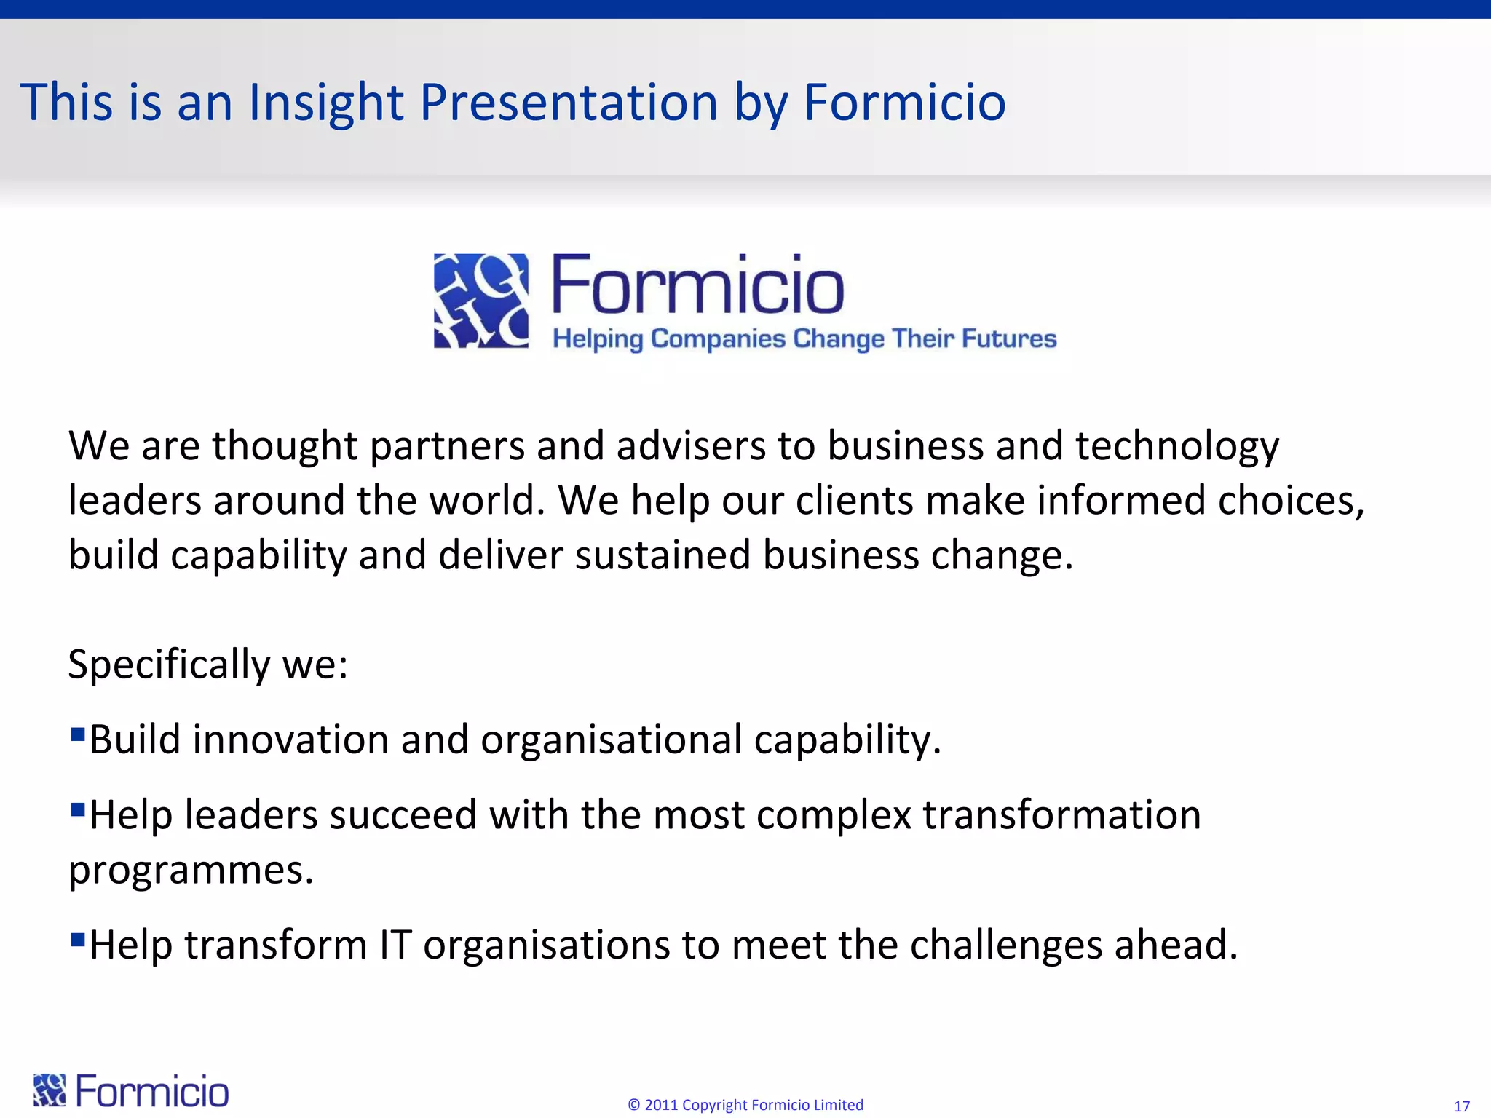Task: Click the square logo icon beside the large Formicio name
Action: tap(481, 301)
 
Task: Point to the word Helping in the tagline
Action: tap(598, 339)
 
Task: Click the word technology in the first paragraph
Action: tap(1176, 445)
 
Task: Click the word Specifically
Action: tap(169, 664)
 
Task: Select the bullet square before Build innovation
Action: tap(78, 732)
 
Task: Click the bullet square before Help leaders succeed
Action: tap(78, 808)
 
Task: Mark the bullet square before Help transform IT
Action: tap(78, 938)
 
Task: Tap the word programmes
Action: tap(191, 870)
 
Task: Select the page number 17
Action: tap(1461, 1106)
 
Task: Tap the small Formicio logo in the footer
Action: tap(131, 1091)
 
